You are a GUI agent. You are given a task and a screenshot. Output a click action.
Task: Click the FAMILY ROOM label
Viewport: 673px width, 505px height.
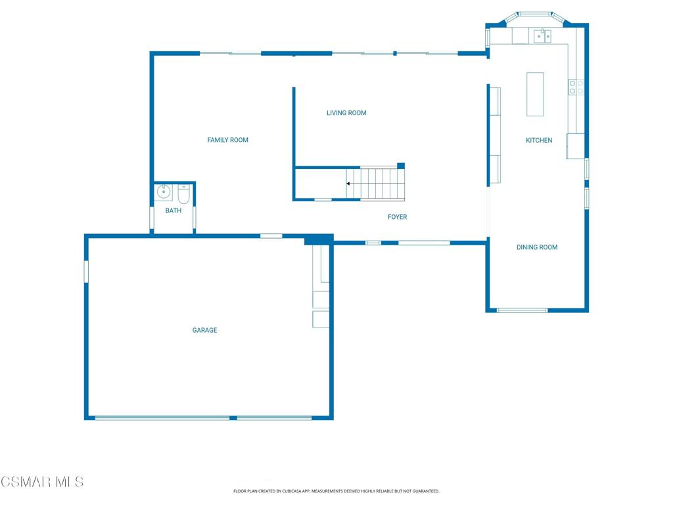click(227, 140)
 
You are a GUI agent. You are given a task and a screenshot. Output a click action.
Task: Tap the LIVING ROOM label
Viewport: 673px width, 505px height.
click(346, 113)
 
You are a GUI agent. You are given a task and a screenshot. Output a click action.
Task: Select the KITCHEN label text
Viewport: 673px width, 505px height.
click(539, 141)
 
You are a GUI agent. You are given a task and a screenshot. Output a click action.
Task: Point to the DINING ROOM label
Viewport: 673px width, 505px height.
click(537, 247)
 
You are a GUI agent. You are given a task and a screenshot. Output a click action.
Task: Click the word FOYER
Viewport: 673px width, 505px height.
click(398, 217)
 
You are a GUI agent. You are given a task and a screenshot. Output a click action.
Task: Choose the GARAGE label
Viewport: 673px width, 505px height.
click(205, 330)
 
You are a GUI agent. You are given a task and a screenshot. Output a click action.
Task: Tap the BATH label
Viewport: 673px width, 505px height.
click(174, 210)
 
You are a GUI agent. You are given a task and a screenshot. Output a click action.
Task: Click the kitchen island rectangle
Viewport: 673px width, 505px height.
click(535, 95)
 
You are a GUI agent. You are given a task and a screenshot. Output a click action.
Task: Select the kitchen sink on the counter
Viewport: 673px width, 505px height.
click(542, 36)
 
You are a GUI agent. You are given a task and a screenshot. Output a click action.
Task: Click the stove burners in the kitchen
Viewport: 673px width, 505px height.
click(576, 87)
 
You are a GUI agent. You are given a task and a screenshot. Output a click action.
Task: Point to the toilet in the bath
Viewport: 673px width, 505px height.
click(184, 194)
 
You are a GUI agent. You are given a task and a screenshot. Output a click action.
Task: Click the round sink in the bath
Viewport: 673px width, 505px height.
click(164, 191)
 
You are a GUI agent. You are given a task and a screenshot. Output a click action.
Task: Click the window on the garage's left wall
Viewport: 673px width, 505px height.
click(86, 272)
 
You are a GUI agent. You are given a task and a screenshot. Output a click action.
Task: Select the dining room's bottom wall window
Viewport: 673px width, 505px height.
click(522, 310)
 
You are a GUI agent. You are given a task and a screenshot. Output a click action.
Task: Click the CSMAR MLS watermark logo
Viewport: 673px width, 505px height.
click(42, 482)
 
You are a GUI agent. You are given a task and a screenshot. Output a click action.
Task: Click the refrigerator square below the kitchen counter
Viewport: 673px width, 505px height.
click(576, 147)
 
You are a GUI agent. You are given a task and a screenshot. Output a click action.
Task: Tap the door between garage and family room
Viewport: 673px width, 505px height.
click(271, 236)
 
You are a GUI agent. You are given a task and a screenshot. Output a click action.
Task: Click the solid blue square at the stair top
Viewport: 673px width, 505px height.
click(401, 166)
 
